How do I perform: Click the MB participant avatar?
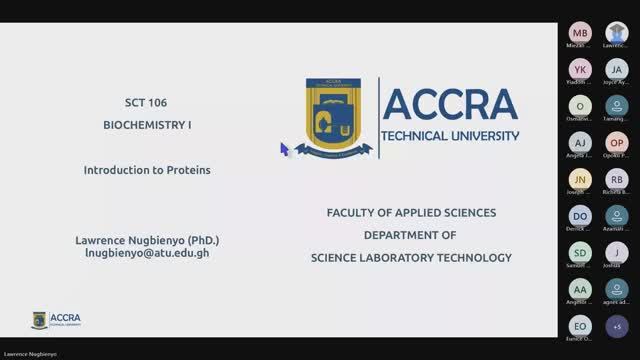click(x=581, y=33)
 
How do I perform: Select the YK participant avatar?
click(x=581, y=69)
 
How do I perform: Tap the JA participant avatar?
click(x=617, y=69)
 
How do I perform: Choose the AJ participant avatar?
click(x=581, y=143)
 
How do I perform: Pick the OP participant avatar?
click(x=617, y=143)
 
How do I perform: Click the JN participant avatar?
click(x=581, y=179)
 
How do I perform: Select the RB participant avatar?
click(x=617, y=179)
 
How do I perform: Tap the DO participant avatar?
click(x=581, y=216)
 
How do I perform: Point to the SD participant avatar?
click(x=581, y=252)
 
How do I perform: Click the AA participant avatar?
click(x=581, y=289)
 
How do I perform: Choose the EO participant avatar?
click(x=581, y=326)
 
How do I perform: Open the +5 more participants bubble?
click(x=617, y=326)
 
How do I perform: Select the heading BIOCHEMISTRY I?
click(x=147, y=125)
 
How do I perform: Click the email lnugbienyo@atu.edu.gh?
click(x=147, y=253)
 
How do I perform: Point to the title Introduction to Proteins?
click(x=147, y=170)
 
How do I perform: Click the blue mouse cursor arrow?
click(x=284, y=148)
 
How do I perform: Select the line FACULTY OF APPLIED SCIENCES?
click(x=411, y=213)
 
